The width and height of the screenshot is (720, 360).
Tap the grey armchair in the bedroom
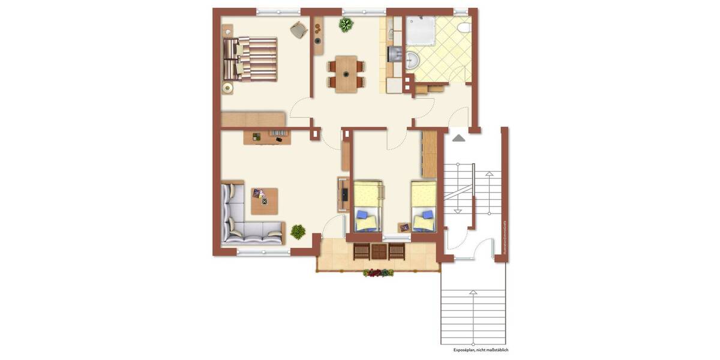[x=298, y=29]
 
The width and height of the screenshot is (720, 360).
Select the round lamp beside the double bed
[x=227, y=88]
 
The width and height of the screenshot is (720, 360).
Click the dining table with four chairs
[x=346, y=73]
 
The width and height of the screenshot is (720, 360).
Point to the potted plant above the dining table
[x=346, y=25]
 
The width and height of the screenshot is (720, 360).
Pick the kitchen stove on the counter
[x=394, y=55]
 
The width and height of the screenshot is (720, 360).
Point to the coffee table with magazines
[x=265, y=201]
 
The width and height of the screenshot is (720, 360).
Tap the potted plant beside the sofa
[x=298, y=231]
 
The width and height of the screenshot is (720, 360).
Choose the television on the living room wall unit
[x=344, y=194]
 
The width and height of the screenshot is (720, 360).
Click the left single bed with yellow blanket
[x=368, y=206]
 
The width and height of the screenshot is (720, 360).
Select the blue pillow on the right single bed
[x=428, y=214]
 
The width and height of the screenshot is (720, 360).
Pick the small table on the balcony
[x=379, y=251]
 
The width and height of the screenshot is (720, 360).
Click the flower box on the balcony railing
[x=379, y=273]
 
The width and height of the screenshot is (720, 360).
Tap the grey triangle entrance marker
[x=458, y=138]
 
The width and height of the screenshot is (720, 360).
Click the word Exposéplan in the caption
[x=461, y=350]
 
